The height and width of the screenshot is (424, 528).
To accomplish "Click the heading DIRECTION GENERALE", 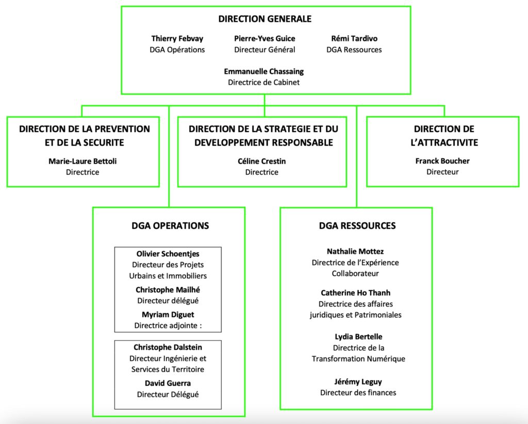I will pos(265,19).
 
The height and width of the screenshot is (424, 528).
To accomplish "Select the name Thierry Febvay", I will pos(177,39).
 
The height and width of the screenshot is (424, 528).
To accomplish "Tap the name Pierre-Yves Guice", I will pos(265,39).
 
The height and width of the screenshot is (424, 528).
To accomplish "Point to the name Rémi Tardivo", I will pos(354,39).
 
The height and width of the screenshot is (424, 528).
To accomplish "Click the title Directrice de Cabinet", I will pos(263,81).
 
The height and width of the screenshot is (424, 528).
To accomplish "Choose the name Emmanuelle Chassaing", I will pos(263,71).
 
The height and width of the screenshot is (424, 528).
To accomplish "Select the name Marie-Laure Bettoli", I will pos(82,161).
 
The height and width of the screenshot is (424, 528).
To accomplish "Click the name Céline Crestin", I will pos(262,161).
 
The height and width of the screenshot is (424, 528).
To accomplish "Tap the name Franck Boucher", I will pos(442,161).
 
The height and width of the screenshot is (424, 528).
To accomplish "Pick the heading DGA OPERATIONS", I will pos(170,225).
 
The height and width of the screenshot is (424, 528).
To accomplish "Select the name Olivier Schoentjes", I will pos(168,254).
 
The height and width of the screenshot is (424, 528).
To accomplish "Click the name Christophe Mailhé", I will pos(168,289).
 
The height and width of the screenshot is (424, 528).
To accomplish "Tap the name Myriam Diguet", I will pos(168,315).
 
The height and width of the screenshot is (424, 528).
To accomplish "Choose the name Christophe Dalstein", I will pos(168,347).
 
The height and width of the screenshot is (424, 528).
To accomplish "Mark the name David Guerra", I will pos(168,383).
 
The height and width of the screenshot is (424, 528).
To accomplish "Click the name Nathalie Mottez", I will pos(355,251).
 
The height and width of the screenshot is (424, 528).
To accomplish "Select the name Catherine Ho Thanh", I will pos(355,293).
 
